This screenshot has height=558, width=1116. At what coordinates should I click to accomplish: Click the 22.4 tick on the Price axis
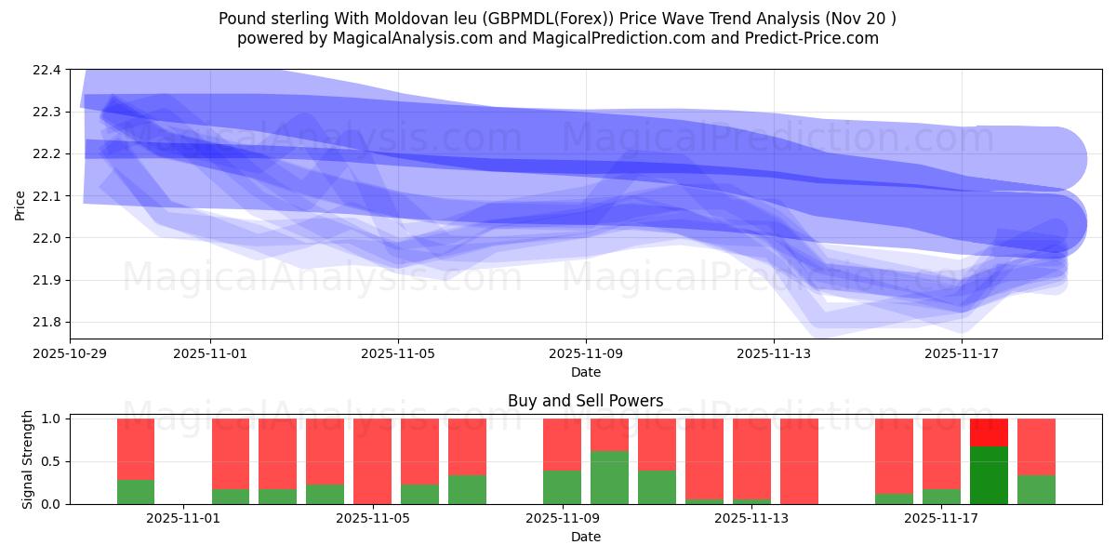pos(48,70)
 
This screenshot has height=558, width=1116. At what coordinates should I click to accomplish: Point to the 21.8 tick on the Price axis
pos(48,323)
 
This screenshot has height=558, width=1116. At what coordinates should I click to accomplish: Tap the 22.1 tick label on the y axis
pos(48,196)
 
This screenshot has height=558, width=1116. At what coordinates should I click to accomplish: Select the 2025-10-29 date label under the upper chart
pos(71,353)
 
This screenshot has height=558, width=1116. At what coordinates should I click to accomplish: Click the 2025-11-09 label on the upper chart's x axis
pos(586,353)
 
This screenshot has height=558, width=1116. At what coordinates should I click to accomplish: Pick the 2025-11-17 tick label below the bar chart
pos(941,518)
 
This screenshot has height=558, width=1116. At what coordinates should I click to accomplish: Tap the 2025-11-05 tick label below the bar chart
pos(372,518)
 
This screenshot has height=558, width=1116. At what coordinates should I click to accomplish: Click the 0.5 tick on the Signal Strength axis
pos(51,462)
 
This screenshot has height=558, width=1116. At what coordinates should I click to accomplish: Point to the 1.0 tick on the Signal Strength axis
pos(51,419)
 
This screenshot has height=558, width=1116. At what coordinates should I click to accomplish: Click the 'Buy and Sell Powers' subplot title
pos(585,402)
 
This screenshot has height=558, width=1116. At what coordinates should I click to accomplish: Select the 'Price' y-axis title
pos(20,205)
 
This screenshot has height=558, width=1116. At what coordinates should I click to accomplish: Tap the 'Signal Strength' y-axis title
pos(27,460)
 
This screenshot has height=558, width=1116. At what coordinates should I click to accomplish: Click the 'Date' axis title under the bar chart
pos(585,537)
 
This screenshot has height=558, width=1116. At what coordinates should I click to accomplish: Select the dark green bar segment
pos(989,475)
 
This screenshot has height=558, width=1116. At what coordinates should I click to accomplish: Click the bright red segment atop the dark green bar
pos(989,432)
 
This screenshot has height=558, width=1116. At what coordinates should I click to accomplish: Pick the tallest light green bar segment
pos(609,477)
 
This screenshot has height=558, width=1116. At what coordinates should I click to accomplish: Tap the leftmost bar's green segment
pos(136,492)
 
